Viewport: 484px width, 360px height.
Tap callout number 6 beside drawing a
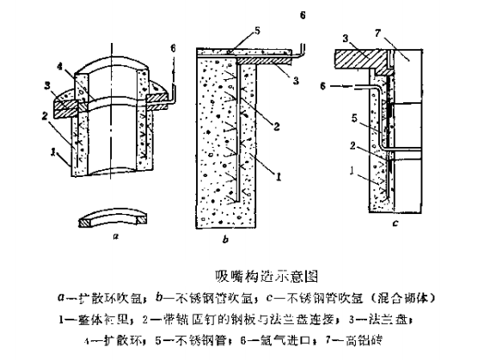[x=174, y=47]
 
